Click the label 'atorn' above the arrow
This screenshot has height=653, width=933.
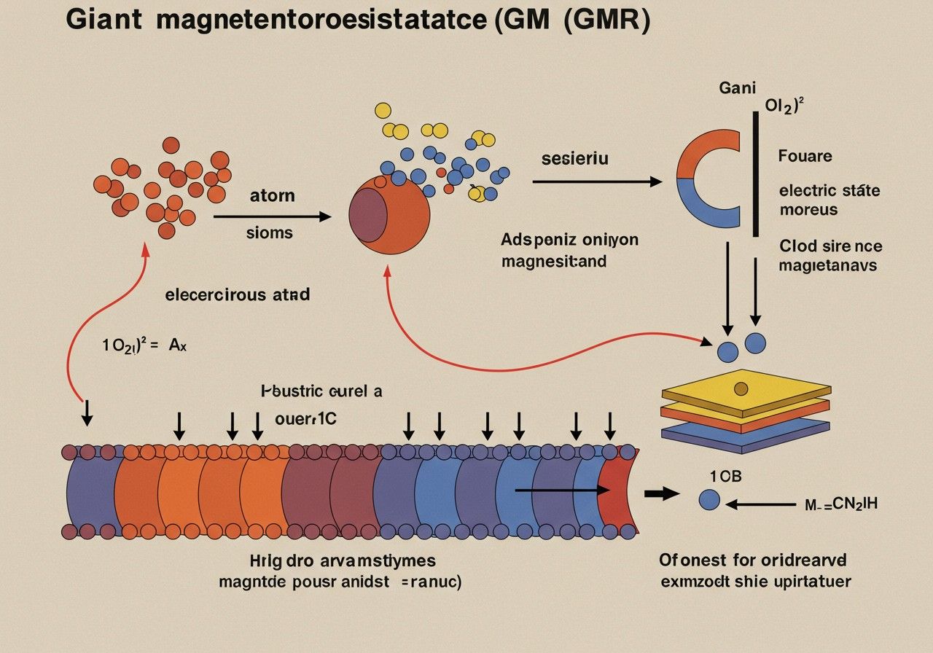point(272,195)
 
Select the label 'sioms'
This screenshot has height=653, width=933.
point(270,232)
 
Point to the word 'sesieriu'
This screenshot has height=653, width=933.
point(574,158)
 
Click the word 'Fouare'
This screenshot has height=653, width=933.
point(805,156)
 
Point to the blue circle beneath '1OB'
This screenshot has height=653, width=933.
point(709,499)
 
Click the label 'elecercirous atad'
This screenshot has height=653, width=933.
point(238,295)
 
